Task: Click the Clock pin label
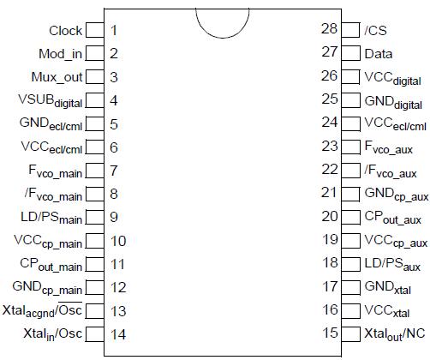pos(65,31)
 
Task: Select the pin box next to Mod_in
pos(95,54)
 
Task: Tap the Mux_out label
pos(57,77)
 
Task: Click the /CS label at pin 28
pos(376,31)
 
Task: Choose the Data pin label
pos(379,53)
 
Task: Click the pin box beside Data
pos(351,53)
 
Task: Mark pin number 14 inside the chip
pos(118,333)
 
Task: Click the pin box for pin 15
pos(351,333)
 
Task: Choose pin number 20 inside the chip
pos(330,217)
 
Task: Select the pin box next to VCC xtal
pos(351,310)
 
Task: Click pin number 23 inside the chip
pos(330,147)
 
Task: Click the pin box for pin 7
pos(95,171)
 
